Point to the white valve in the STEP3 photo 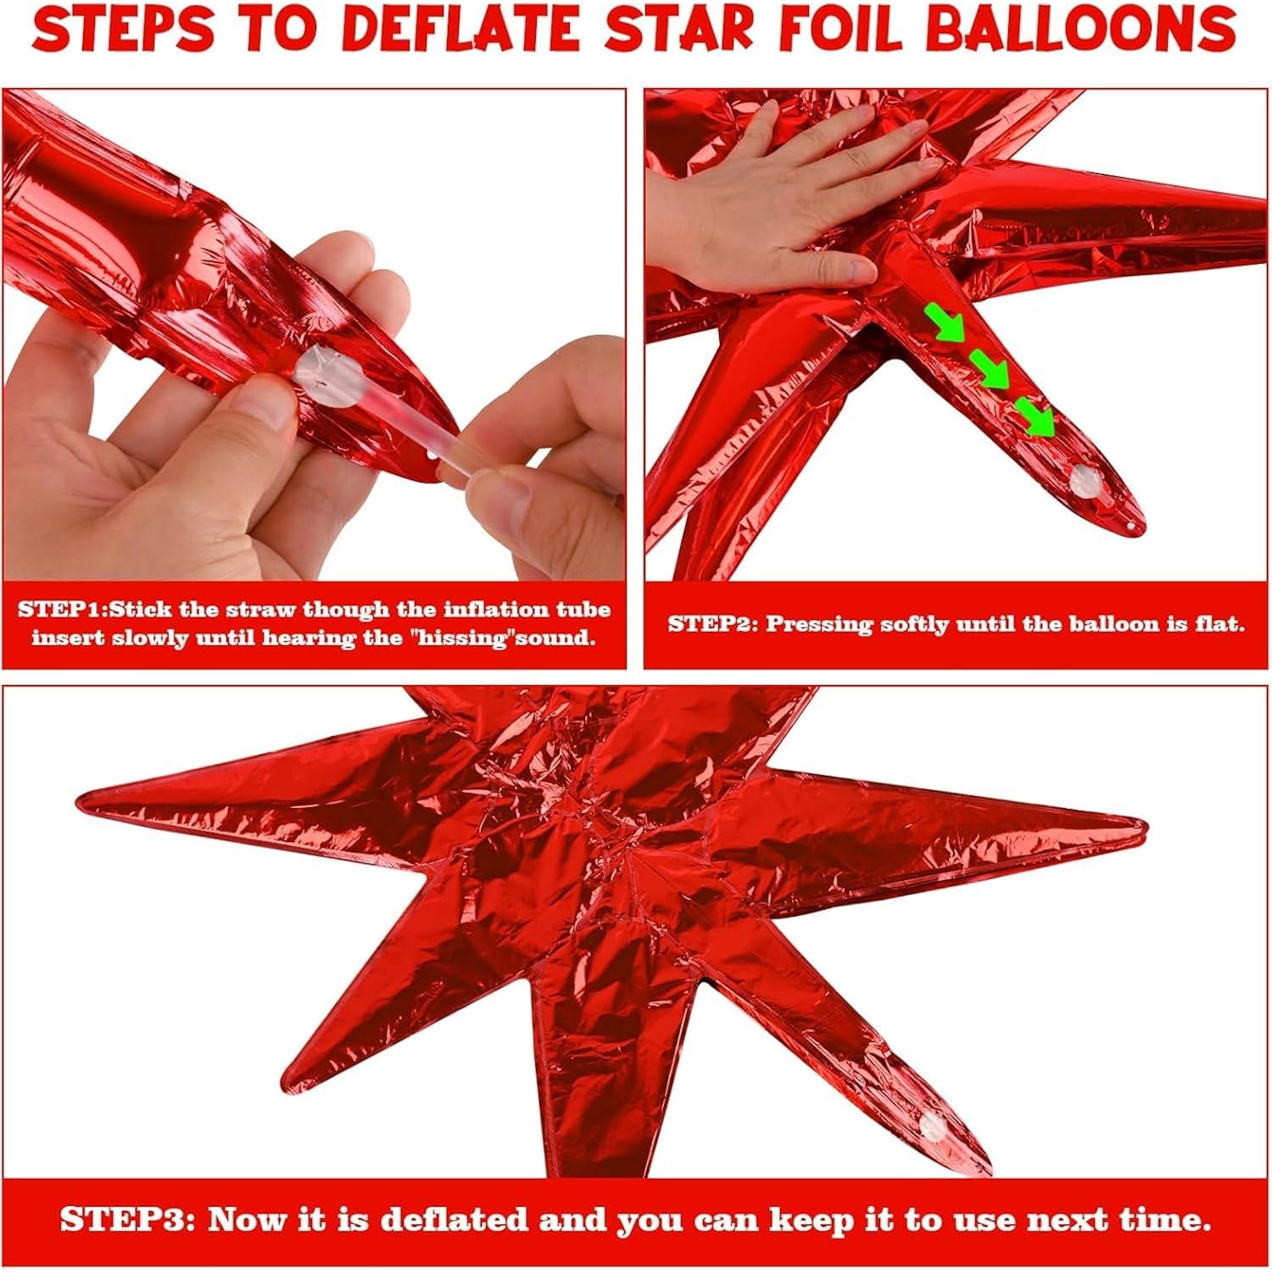(x=934, y=1126)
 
